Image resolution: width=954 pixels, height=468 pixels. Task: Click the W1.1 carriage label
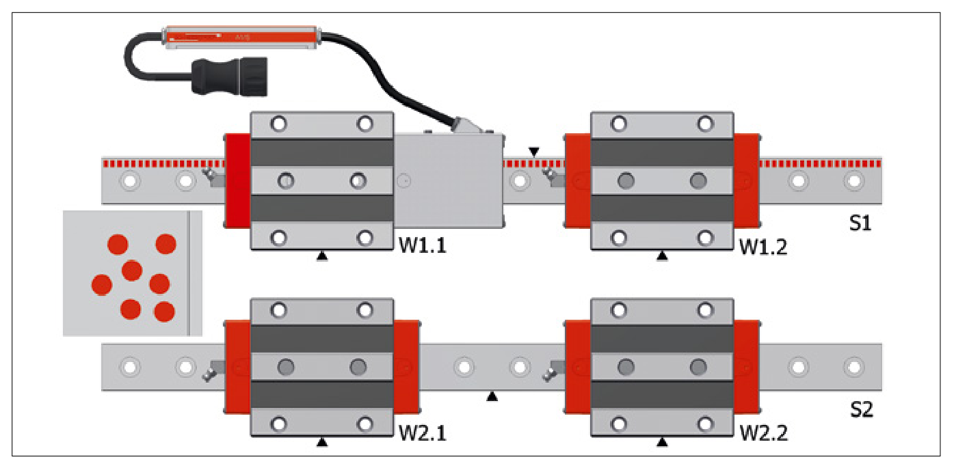point(423,246)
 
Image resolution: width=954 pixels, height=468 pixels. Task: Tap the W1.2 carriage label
point(763,246)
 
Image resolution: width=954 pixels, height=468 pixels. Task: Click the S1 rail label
point(860,223)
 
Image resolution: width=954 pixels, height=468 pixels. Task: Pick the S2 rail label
point(861,410)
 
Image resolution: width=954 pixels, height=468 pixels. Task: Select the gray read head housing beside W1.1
point(448,180)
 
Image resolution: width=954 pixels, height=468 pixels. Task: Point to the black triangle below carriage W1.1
point(322,256)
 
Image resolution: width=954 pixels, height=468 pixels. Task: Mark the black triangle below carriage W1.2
point(661,256)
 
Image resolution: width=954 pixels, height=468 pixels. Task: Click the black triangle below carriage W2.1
point(322,443)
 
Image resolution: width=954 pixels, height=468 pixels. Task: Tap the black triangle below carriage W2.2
point(661,443)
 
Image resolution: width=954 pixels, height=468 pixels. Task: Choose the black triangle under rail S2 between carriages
point(492,396)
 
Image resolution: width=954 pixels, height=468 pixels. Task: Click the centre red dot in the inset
point(132,271)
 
